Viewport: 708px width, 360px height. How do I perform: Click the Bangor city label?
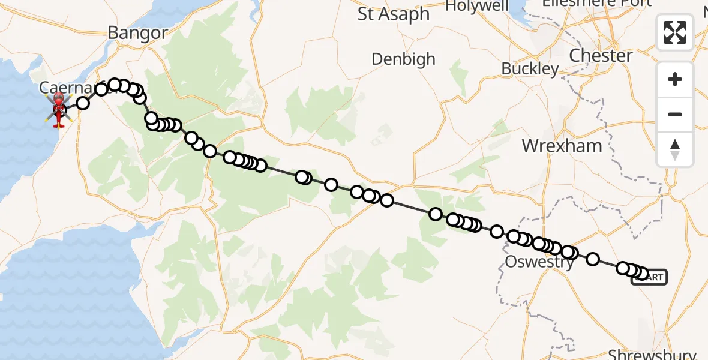coord(137,33)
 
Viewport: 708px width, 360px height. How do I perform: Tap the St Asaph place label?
coord(394,14)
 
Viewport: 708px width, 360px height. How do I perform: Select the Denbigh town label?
coord(403,59)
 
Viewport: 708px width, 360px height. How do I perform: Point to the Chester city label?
coord(601,56)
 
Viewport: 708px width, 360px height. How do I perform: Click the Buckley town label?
coord(530,69)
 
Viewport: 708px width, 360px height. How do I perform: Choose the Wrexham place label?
coord(562,146)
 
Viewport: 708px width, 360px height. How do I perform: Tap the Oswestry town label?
coord(539,262)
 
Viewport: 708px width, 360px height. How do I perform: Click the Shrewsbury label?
coord(652,354)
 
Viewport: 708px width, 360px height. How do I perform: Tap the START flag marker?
coord(649,277)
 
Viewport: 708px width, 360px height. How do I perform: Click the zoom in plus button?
coord(675,79)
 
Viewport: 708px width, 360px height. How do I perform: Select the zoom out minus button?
coord(675,114)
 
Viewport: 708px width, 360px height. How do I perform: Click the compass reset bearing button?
coord(675,149)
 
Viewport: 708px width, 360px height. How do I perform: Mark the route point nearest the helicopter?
coord(83,103)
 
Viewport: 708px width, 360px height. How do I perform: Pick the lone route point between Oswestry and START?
coord(593,259)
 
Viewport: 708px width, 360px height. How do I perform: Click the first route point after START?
coord(641,274)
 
